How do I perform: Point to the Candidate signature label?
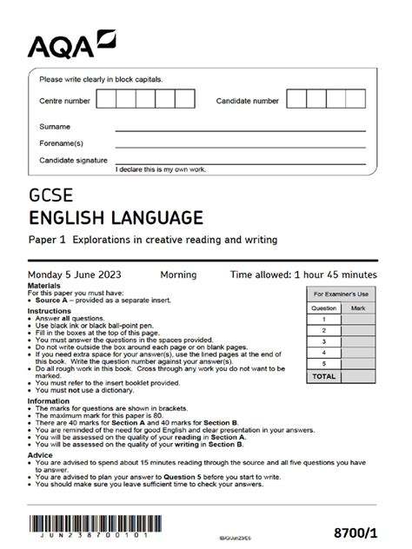coord(73,161)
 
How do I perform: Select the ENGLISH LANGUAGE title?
coord(116,216)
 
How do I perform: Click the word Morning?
coord(178,274)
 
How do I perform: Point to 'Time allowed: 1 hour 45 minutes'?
coord(303,274)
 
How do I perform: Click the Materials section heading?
coord(44,285)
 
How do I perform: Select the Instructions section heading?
coord(50,310)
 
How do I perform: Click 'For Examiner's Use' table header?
coord(342,295)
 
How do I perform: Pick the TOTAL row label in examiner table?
coord(324,377)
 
